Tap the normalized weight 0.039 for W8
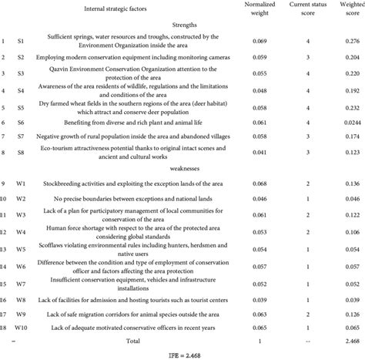click(x=261, y=298)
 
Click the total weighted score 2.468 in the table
click(x=352, y=340)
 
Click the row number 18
click(x=4, y=329)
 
